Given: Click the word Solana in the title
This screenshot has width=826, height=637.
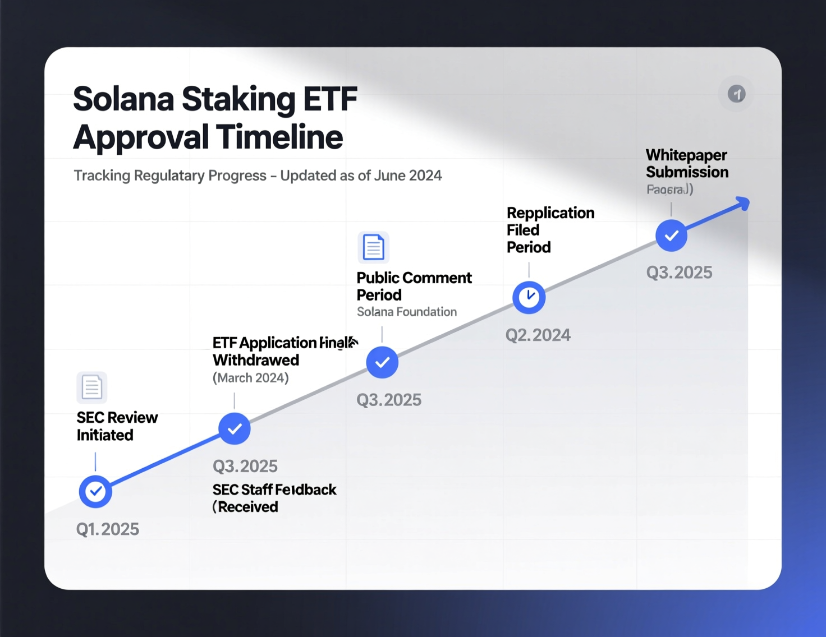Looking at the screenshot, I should pyautogui.click(x=123, y=99).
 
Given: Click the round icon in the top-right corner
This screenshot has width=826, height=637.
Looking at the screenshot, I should pyautogui.click(x=736, y=94).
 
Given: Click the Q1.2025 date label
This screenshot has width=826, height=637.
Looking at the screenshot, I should pyautogui.click(x=107, y=529).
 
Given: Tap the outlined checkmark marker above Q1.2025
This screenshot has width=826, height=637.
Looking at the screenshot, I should pyautogui.click(x=95, y=491).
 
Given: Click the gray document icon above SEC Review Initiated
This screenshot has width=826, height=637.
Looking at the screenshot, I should pyautogui.click(x=91, y=387).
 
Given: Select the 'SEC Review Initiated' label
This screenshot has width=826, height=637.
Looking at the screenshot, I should pyautogui.click(x=117, y=426).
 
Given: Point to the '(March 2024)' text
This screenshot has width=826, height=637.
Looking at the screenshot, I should pyautogui.click(x=250, y=378).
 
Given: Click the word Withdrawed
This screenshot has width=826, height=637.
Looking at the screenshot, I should pyautogui.click(x=256, y=360).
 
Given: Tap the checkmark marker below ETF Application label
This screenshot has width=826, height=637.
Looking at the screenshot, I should pyautogui.click(x=234, y=428).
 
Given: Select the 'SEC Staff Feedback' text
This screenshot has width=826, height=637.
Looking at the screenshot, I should pyautogui.click(x=274, y=490).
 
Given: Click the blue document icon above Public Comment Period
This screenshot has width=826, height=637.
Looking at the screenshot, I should pyautogui.click(x=373, y=247).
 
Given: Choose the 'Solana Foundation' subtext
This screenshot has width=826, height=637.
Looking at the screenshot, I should pyautogui.click(x=406, y=312).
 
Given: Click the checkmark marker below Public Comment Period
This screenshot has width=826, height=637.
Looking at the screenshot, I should pyautogui.click(x=382, y=362).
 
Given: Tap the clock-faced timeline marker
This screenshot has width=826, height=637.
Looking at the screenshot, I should pyautogui.click(x=529, y=297).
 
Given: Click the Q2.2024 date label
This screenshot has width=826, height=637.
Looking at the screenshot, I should pyautogui.click(x=538, y=335).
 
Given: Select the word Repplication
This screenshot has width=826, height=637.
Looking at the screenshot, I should pyautogui.click(x=550, y=213).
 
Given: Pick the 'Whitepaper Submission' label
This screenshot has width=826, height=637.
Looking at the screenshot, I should pyautogui.click(x=686, y=163).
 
